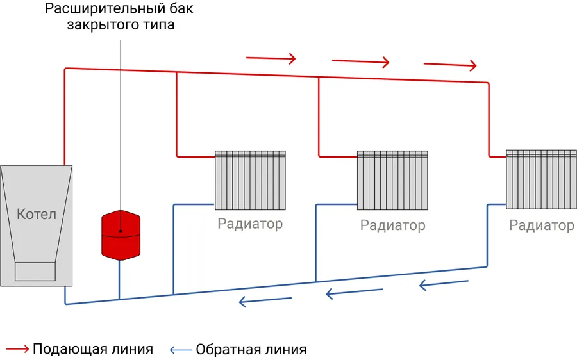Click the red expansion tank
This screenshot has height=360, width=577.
click(x=120, y=234)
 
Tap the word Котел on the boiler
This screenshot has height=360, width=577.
click(x=37, y=214)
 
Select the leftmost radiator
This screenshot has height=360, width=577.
click(x=250, y=180)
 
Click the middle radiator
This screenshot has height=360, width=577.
click(x=392, y=180)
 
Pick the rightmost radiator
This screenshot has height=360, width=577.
click(x=541, y=179)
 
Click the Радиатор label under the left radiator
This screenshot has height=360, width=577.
click(x=250, y=224)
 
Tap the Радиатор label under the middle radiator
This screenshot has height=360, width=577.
click(x=392, y=225)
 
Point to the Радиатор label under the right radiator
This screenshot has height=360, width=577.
click(x=542, y=225)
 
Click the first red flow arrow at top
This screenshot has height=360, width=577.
click(x=271, y=58)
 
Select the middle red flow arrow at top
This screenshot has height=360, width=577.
click(x=360, y=61)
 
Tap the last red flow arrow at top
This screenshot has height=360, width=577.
click(x=450, y=65)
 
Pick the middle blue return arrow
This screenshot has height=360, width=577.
click(x=355, y=293)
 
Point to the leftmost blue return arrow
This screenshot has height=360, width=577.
click(x=265, y=301)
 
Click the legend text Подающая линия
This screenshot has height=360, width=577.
click(x=93, y=349)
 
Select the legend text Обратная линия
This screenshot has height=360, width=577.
click(x=251, y=350)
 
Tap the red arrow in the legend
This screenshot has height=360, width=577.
click(x=17, y=349)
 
